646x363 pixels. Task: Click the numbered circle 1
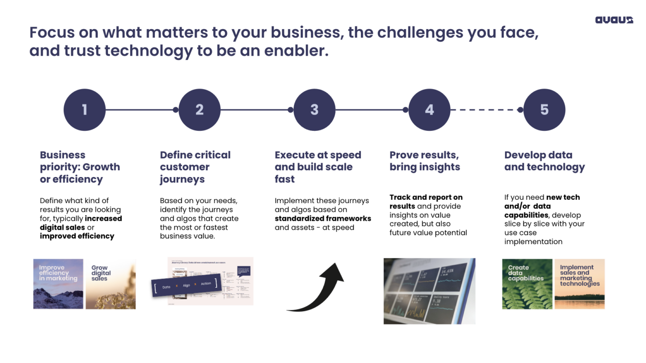pos(85,110)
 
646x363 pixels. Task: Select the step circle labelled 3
pos(314,110)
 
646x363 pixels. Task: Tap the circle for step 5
pos(544,110)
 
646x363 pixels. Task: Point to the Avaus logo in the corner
pos(614,20)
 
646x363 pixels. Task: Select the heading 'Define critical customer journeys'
pos(195,167)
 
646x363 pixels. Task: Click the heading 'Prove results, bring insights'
pos(425,161)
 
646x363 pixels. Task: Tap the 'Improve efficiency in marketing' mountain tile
pos(58,284)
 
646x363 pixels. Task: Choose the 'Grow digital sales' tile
pos(111,284)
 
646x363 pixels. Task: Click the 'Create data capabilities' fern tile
pos(527,284)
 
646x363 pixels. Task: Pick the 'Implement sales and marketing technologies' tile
pos(579,284)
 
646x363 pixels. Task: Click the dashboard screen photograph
pos(429,291)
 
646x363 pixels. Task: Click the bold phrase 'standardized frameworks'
pos(323,218)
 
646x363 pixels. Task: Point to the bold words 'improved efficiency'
pos(77,236)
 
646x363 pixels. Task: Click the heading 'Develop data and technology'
pos(544,161)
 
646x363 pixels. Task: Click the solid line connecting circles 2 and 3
pos(256,110)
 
